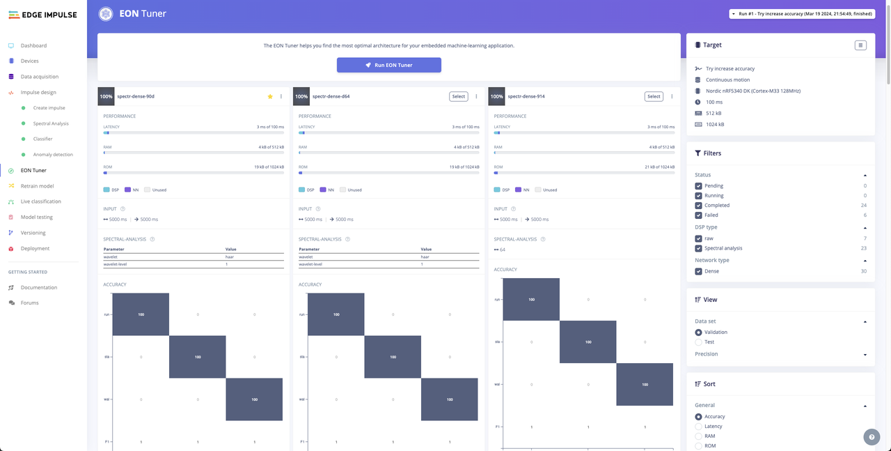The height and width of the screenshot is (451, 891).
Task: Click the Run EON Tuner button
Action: point(389,65)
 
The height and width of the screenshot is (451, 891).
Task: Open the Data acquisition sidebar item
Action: point(39,77)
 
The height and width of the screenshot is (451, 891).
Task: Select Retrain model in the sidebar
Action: point(37,186)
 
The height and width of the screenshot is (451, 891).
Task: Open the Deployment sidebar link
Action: point(35,248)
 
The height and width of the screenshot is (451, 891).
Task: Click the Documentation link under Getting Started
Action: point(39,287)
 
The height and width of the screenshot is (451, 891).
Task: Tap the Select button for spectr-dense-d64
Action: point(458,96)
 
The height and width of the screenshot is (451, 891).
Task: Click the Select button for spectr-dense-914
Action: point(654,96)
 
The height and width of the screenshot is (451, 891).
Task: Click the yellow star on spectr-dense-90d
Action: point(270,96)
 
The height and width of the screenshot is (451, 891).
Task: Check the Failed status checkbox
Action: point(698,215)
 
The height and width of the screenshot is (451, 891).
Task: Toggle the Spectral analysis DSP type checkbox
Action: point(698,248)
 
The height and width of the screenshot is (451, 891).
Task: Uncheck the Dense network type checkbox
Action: point(698,271)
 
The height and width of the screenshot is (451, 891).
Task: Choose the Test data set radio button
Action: point(698,342)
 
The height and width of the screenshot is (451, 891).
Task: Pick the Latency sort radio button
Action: point(698,427)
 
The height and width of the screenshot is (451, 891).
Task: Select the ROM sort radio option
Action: point(698,445)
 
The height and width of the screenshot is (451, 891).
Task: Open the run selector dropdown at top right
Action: point(801,14)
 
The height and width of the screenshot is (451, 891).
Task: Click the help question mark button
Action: point(872,437)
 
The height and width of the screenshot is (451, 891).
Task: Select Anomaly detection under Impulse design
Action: point(53,155)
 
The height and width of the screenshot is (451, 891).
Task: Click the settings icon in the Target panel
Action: point(860,45)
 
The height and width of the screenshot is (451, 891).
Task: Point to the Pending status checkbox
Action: point(698,186)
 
